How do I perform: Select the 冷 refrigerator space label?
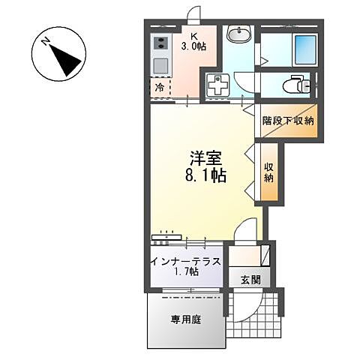(x=160, y=88)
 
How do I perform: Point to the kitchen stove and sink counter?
(x=160, y=56)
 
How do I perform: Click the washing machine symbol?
(x=217, y=86)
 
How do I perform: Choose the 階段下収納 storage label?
(x=288, y=121)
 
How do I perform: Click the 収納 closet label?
(x=268, y=172)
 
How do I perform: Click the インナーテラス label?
(x=185, y=262)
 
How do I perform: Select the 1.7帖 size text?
(x=185, y=274)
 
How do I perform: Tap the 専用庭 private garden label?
(x=185, y=319)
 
